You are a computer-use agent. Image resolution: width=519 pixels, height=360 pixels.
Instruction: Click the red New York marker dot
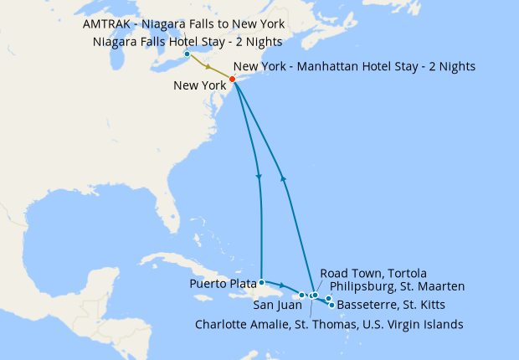tap(232, 80)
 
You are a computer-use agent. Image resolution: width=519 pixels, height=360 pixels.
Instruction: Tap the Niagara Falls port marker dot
tap(187, 55)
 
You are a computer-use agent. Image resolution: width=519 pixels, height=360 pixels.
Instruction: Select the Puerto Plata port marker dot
tap(262, 282)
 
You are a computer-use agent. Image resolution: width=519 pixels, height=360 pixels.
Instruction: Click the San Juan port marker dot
tap(302, 295)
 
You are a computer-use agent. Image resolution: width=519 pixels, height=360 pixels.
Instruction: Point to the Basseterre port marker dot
tap(332, 305)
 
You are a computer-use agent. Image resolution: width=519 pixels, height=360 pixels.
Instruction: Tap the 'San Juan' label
tap(272, 305)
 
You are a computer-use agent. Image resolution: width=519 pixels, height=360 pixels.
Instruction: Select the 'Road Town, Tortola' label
tap(373, 274)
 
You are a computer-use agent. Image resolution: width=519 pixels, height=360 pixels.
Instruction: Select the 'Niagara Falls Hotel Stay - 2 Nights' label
tap(188, 42)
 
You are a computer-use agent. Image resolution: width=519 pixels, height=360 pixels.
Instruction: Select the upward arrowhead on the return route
tap(283, 177)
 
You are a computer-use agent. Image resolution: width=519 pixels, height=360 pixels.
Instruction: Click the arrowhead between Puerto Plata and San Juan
tap(282, 287)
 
